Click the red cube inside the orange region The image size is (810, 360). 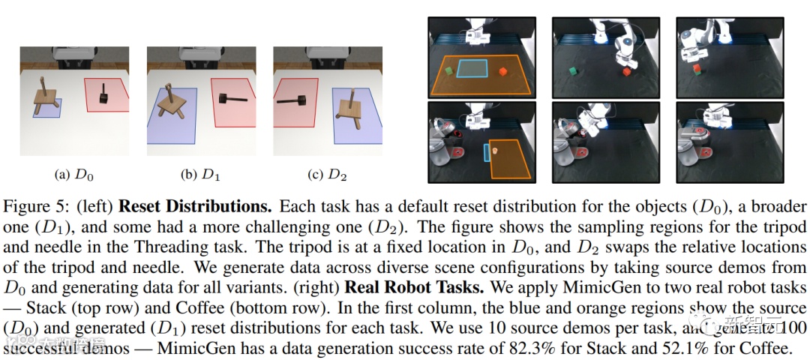[502, 71]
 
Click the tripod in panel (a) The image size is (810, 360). [45, 102]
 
